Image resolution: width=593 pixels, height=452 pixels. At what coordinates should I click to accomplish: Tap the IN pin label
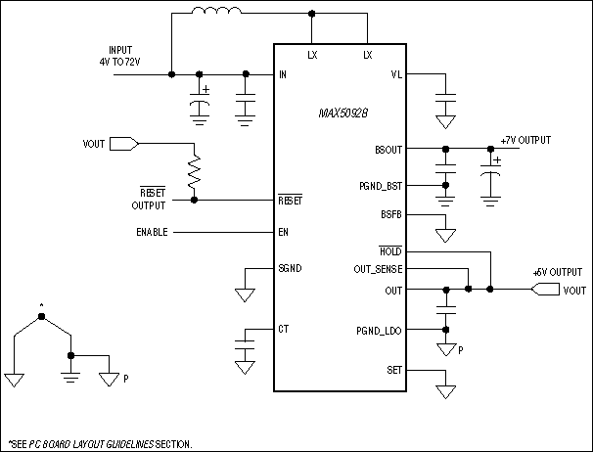pos(283,74)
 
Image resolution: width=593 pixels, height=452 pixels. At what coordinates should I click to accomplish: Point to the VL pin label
pos(395,74)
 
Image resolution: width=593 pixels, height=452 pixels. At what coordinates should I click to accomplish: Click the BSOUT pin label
pos(388,150)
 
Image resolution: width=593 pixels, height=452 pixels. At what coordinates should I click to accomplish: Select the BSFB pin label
pos(391,213)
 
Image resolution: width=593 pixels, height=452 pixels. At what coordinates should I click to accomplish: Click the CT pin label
pos(284,329)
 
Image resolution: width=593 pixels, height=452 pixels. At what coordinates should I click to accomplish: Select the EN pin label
pos(284,233)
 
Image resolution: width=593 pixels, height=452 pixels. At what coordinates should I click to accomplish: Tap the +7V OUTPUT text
pos(525,141)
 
